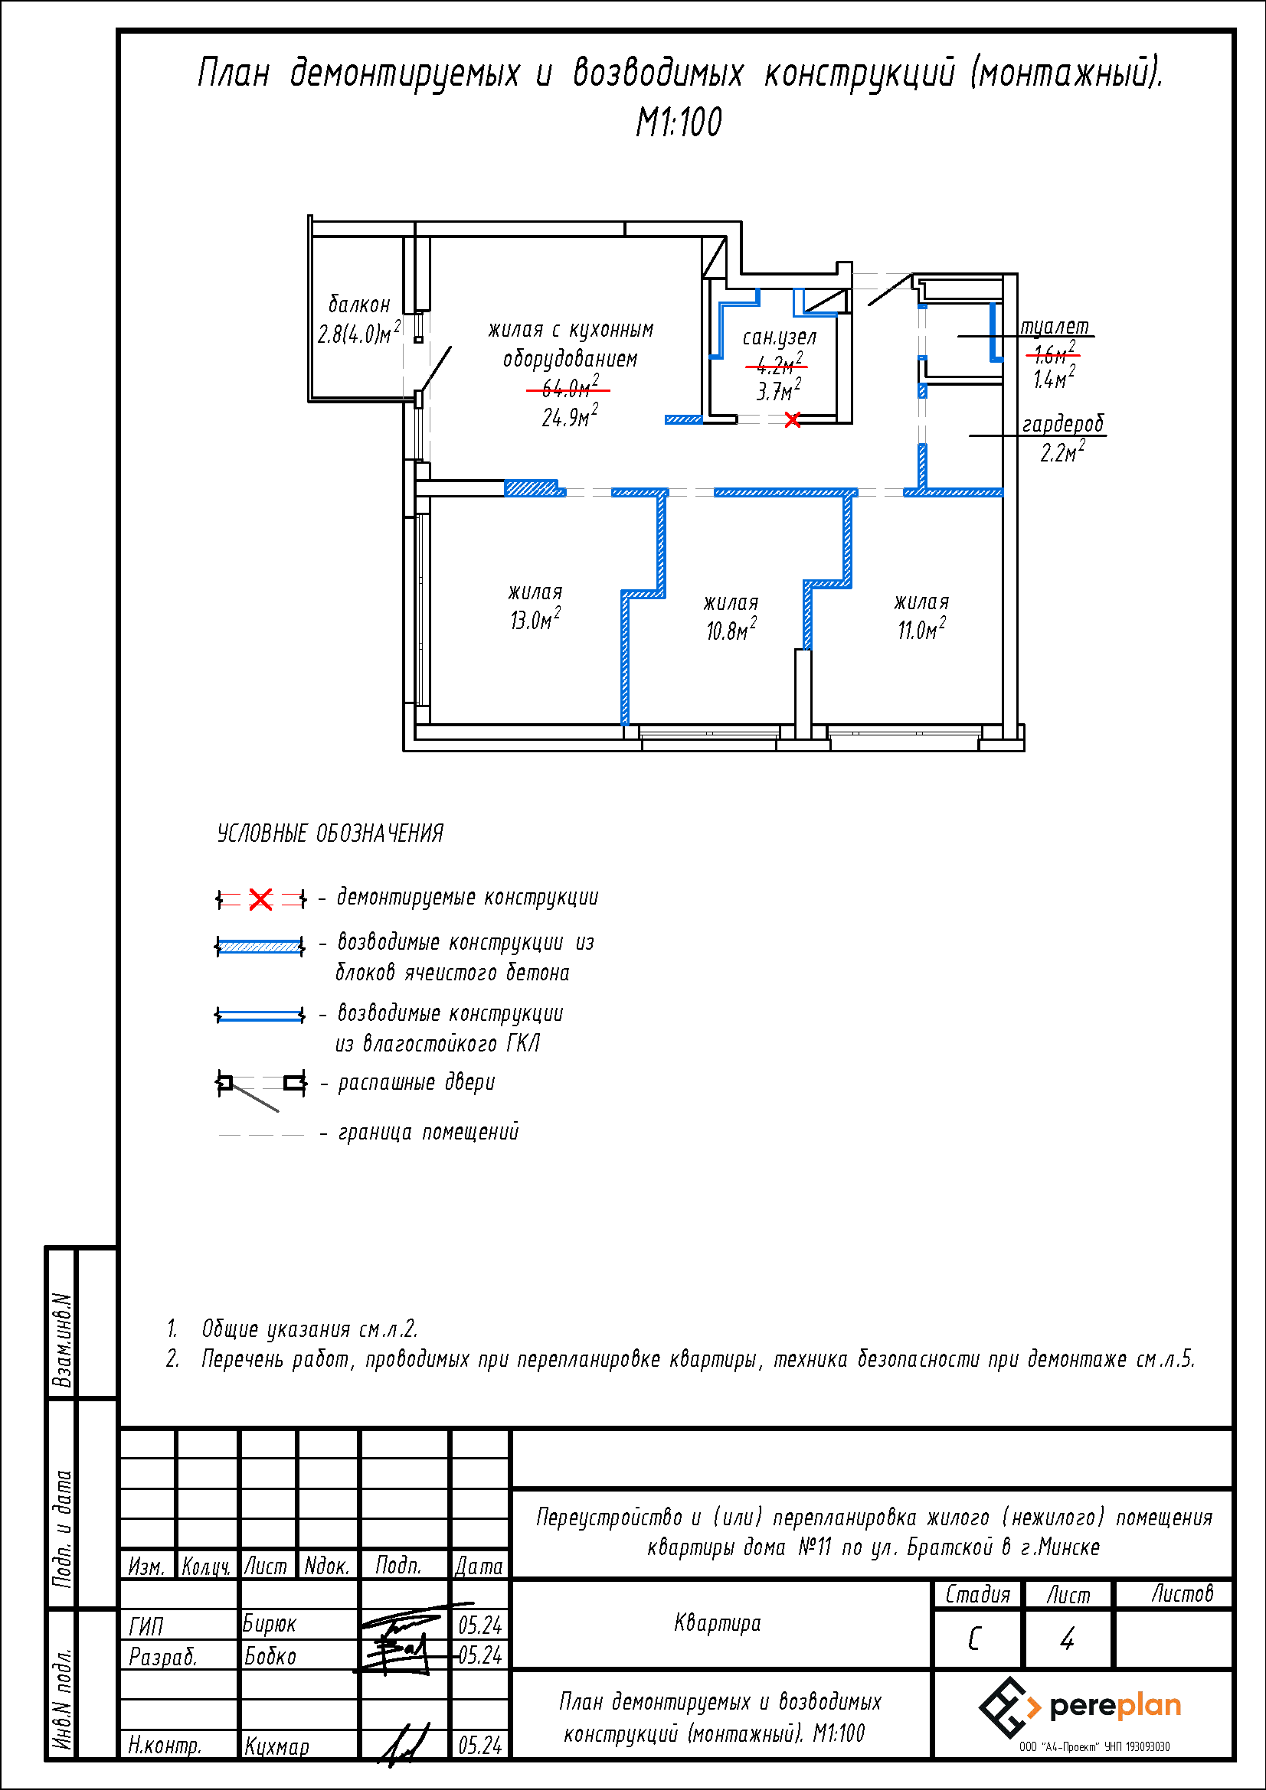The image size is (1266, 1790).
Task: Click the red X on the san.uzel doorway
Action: click(x=792, y=420)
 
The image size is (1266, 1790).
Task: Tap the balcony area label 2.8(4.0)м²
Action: click(x=359, y=334)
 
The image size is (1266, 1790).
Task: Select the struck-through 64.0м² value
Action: click(x=569, y=386)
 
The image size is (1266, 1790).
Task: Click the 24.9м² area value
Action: click(x=569, y=417)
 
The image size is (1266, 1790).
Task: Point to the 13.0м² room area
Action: click(x=535, y=620)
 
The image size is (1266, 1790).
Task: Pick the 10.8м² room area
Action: click(x=731, y=630)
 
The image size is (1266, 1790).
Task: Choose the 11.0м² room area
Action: click(x=921, y=629)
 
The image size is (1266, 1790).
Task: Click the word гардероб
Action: click(x=1063, y=424)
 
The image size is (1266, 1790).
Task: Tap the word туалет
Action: click(x=1055, y=327)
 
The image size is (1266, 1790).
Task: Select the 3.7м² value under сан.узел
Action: click(x=778, y=390)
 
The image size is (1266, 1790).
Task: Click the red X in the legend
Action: click(x=260, y=900)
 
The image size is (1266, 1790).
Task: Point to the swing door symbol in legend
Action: click(x=260, y=1087)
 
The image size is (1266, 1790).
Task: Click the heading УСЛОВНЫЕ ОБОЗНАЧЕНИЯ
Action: click(x=330, y=833)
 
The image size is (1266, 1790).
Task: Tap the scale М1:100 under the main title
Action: click(x=679, y=122)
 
